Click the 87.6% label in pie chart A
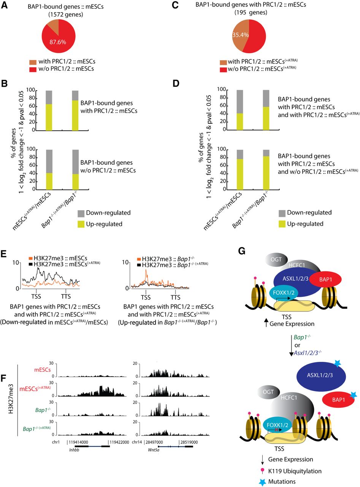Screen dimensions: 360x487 coord(58,42)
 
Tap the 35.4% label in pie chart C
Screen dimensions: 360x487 coord(240,35)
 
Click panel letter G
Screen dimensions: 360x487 coord(241,251)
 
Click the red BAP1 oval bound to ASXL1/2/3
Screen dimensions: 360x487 coord(325,280)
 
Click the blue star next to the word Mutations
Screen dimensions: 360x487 coord(262,482)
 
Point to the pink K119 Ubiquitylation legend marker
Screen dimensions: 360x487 coord(262,471)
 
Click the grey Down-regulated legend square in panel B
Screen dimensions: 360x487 coord(81,213)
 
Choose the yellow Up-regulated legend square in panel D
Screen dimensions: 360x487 coord(282,224)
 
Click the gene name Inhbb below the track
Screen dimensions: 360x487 coord(74,450)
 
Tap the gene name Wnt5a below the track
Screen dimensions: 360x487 coord(154,450)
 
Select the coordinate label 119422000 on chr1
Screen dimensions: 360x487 coord(119,442)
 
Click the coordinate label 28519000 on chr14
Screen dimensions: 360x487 coord(189,442)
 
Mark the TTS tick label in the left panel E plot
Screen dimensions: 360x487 coord(66,296)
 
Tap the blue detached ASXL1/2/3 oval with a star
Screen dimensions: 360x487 coord(321,376)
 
